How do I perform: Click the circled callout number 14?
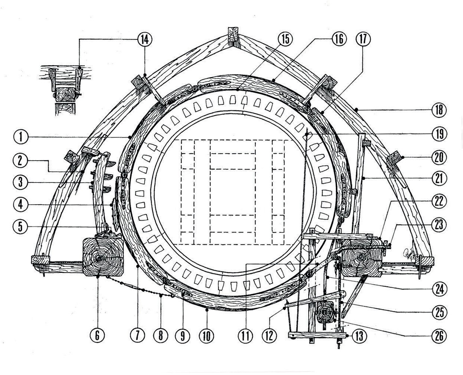[x=144, y=39]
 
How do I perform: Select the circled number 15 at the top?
[x=285, y=39]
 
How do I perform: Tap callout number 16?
[x=339, y=39]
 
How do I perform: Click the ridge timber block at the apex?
[x=233, y=34]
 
